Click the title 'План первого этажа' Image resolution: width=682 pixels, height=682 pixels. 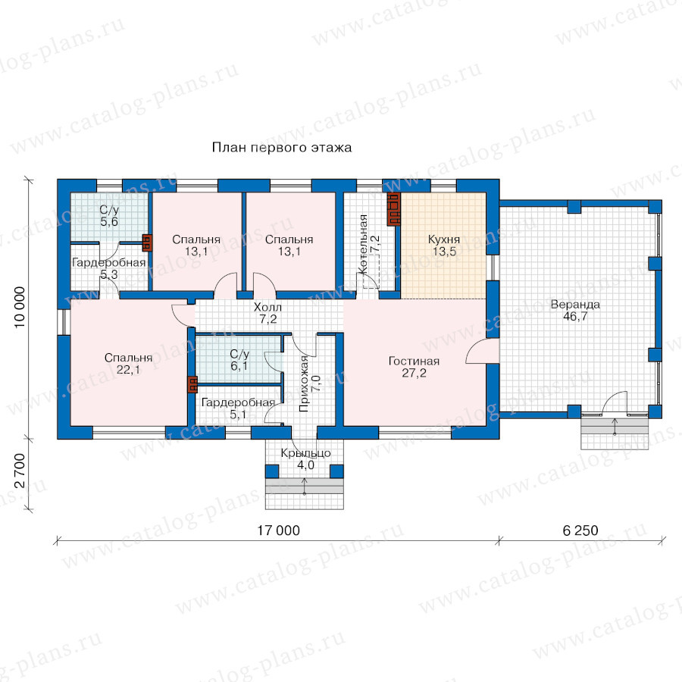[282, 148]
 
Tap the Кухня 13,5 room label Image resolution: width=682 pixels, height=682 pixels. [444, 246]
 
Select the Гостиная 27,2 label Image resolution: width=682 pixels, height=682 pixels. [414, 367]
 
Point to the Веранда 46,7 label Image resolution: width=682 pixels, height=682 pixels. [575, 310]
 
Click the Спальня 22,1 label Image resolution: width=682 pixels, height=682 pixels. [128, 364]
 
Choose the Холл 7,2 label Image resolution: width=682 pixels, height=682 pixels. [268, 313]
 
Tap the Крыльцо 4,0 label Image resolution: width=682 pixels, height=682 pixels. [306, 459]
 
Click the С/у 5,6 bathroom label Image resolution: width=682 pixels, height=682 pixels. [109, 216]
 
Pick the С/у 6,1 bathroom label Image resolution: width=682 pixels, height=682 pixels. [239, 360]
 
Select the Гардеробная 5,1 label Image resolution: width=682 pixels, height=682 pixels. [238, 408]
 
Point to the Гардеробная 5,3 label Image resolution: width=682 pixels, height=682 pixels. [108, 268]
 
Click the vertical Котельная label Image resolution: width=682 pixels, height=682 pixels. [364, 244]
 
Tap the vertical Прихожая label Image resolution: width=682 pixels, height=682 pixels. [304, 383]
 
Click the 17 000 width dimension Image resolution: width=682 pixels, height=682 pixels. [278, 530]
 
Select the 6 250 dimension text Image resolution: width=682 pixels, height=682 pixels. [580, 530]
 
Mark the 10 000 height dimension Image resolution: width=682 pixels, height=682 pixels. [20, 307]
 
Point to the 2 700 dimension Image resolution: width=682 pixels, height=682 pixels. [20, 471]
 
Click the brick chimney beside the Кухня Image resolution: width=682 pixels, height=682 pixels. [393, 209]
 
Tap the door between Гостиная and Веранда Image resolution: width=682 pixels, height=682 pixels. [483, 351]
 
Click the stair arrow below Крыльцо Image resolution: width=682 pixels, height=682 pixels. [305, 486]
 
